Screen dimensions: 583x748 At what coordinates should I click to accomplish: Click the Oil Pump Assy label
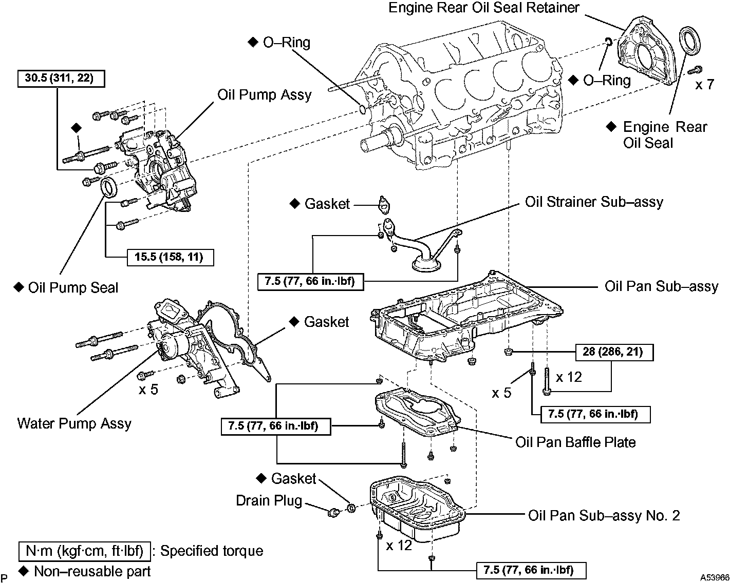pos(264,95)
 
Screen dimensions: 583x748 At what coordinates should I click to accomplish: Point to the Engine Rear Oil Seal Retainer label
pos(483,8)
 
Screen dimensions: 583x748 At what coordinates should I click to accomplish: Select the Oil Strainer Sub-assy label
pos(593,202)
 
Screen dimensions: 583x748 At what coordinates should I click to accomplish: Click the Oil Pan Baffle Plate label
pos(575,442)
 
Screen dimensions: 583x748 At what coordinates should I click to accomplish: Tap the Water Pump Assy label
pos(74,423)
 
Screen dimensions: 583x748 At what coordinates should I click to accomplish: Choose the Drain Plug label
pos(269,500)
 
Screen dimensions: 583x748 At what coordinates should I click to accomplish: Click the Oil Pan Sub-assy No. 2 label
pos(604,515)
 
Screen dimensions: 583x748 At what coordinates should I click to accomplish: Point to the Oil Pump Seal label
pos(73,287)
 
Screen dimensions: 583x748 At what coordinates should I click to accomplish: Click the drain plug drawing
pos(333,511)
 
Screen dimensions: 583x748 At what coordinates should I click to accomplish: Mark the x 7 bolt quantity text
pos(704,85)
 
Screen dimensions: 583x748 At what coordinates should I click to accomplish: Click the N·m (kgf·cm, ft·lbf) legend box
pos(85,551)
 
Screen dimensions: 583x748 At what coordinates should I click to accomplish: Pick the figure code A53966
pos(714,577)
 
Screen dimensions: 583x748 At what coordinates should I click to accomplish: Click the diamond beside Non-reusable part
pos(23,570)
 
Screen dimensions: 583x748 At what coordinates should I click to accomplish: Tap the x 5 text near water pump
pos(148,390)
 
